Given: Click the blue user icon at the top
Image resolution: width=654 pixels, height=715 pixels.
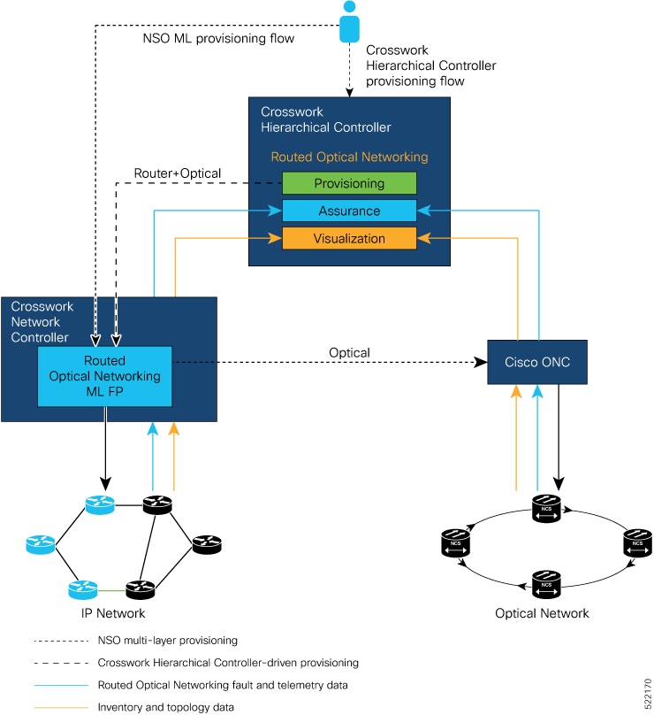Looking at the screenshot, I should click(x=350, y=22).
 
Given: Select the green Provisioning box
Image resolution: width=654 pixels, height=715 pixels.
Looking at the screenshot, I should click(x=349, y=183).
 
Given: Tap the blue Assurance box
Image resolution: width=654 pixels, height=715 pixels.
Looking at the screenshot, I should click(x=349, y=211).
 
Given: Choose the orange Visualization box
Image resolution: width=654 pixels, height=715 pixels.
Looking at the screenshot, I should click(x=349, y=239).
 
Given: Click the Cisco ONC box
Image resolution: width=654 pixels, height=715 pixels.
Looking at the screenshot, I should click(x=537, y=361).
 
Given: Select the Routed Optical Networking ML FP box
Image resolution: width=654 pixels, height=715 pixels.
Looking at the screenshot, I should click(x=104, y=376).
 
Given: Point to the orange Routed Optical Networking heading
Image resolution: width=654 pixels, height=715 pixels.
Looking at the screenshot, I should click(x=349, y=157).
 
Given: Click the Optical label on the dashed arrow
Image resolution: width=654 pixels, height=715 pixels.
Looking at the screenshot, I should click(x=349, y=353).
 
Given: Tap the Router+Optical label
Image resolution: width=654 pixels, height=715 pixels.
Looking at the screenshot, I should click(x=177, y=173).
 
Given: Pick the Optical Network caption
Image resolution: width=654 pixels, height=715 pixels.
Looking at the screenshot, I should click(x=542, y=613).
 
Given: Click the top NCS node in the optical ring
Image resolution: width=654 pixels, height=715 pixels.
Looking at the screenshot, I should click(x=546, y=508).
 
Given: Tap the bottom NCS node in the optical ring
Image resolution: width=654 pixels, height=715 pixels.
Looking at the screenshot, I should click(x=546, y=581).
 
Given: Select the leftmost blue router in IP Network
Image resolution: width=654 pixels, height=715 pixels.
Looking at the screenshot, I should click(x=41, y=543).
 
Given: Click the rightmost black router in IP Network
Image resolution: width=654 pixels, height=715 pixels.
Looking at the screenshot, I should click(x=206, y=544).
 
